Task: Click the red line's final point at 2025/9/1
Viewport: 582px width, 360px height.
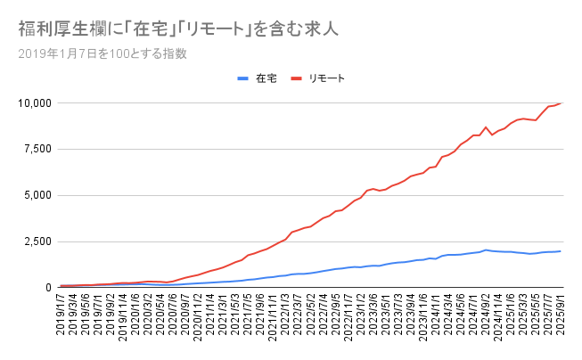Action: click(x=561, y=103)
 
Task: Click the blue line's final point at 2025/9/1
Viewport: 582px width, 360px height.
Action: click(x=561, y=251)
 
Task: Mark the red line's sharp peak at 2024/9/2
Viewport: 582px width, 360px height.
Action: click(x=486, y=127)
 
